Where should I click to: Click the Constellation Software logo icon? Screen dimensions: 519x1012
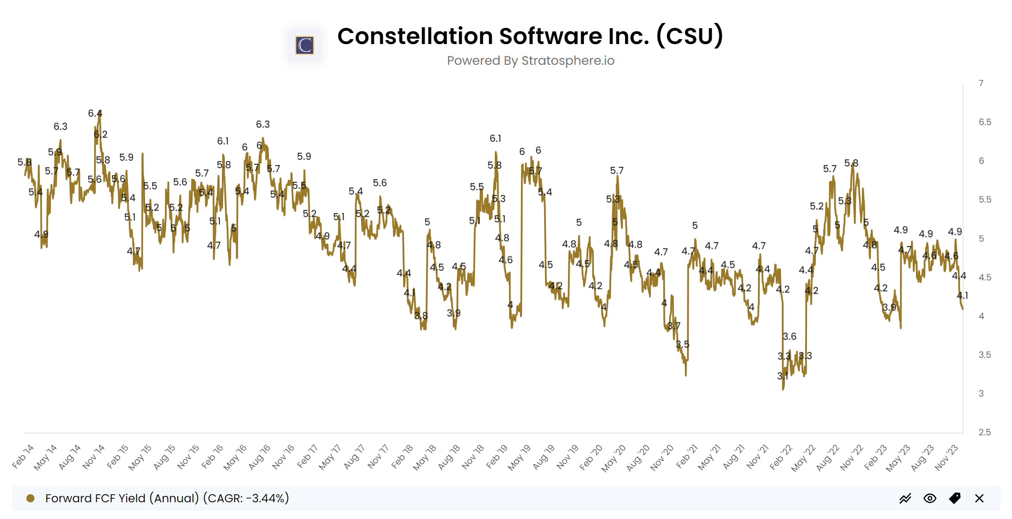[304, 45]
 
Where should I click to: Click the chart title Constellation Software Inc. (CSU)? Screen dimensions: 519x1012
[530, 36]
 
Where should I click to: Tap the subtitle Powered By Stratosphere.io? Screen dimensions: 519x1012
[530, 61]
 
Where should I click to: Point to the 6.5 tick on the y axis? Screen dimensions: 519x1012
[985, 122]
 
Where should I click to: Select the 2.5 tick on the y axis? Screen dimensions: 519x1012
[985, 432]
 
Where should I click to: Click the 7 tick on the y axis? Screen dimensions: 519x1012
[981, 83]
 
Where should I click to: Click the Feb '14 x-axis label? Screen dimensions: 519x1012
[23, 456]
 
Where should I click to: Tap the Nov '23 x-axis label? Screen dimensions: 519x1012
[946, 458]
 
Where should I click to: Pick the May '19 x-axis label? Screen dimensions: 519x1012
[519, 458]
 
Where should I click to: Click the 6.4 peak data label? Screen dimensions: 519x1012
[95, 114]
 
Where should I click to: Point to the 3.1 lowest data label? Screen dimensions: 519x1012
[782, 376]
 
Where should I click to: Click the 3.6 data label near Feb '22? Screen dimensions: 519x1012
[789, 337]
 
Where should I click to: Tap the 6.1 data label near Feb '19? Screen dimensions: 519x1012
[495, 139]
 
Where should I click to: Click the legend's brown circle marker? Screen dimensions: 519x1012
[30, 498]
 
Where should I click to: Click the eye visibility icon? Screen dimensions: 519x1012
[930, 498]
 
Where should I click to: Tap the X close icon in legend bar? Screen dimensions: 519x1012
[979, 498]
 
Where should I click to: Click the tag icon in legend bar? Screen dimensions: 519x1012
[954, 498]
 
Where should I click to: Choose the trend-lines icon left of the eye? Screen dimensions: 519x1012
[905, 498]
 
